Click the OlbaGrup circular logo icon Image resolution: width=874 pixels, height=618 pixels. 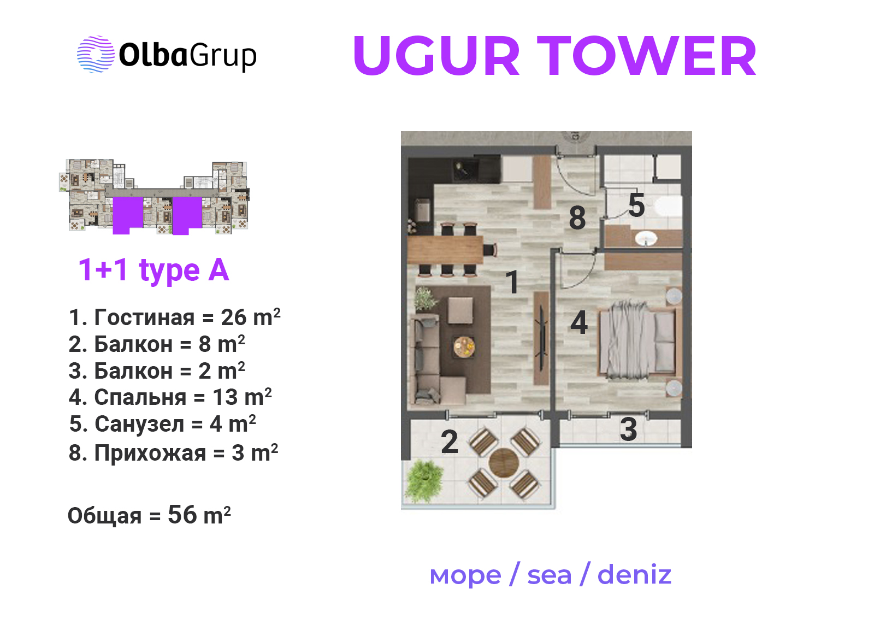coord(96,55)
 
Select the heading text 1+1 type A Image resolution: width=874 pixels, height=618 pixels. coord(153,270)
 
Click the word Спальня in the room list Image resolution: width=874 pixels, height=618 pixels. coord(140,397)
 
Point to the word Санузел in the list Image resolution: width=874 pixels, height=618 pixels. coord(139,424)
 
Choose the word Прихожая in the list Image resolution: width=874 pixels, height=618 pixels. coord(150,453)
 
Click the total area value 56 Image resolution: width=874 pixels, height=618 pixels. coord(182,515)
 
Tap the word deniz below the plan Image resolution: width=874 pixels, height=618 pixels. coord(634,575)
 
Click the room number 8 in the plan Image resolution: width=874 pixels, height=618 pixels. coord(577,218)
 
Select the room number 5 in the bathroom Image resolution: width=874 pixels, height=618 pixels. coord(636,205)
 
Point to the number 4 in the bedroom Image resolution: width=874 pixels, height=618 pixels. coord(579,322)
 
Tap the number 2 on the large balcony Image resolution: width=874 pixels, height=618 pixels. coord(450,442)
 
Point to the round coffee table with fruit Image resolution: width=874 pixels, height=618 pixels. coord(464,346)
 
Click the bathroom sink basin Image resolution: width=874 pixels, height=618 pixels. coord(646,238)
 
